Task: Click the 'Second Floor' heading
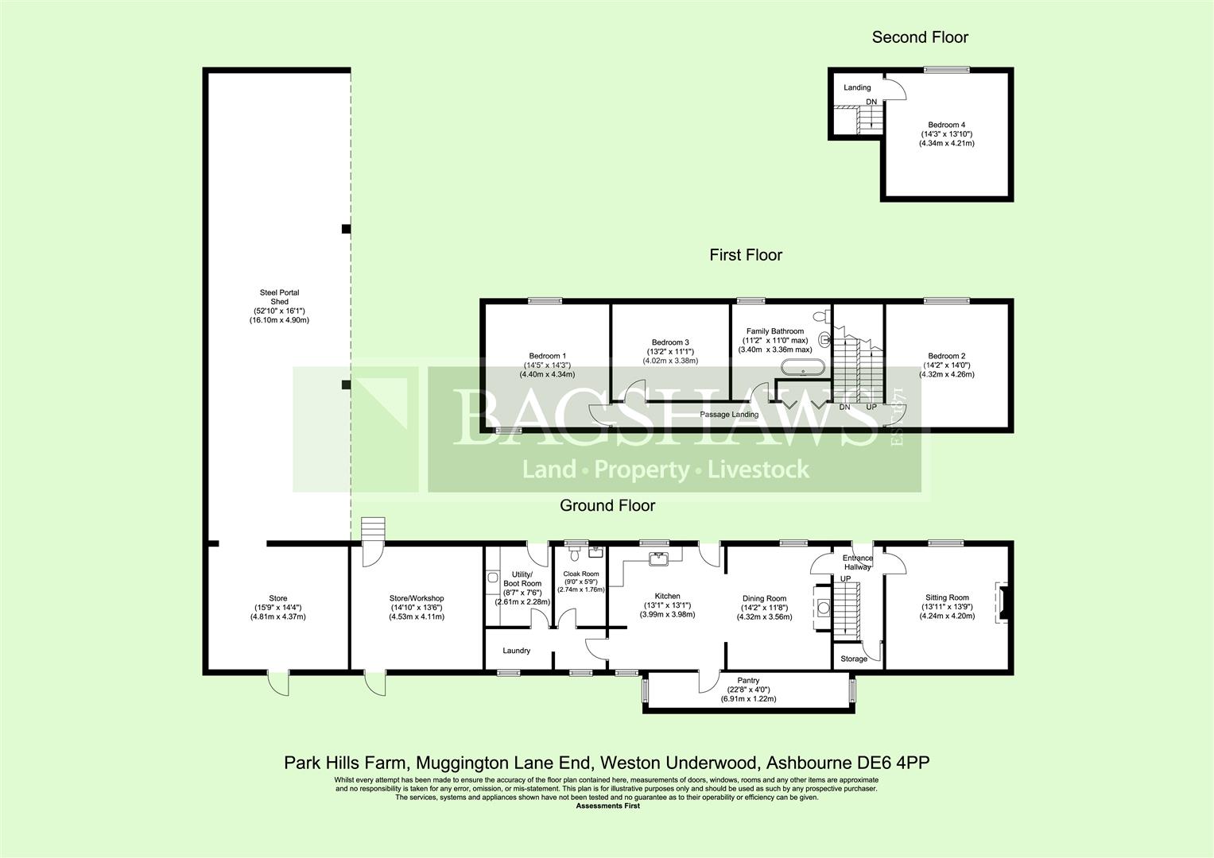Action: pyautogui.click(x=920, y=37)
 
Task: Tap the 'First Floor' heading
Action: pyautogui.click(x=746, y=255)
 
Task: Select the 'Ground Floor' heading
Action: pyautogui.click(x=607, y=505)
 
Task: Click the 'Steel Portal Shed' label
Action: pyautogui.click(x=279, y=297)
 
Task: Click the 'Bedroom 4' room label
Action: pyautogui.click(x=946, y=125)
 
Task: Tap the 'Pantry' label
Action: pyautogui.click(x=748, y=680)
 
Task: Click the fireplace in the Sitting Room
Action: pyautogui.click(x=1001, y=603)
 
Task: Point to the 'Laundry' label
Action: pyautogui.click(x=516, y=651)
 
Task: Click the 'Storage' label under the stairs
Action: pyautogui.click(x=854, y=659)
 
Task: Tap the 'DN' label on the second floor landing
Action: pyautogui.click(x=871, y=102)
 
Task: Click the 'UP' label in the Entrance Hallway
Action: pyautogui.click(x=845, y=579)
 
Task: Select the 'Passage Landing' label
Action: pyautogui.click(x=729, y=415)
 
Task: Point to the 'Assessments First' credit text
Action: pyautogui.click(x=607, y=806)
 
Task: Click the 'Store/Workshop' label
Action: pyautogui.click(x=417, y=598)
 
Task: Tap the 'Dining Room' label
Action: pyautogui.click(x=764, y=598)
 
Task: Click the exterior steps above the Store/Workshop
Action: pyautogui.click(x=374, y=528)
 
